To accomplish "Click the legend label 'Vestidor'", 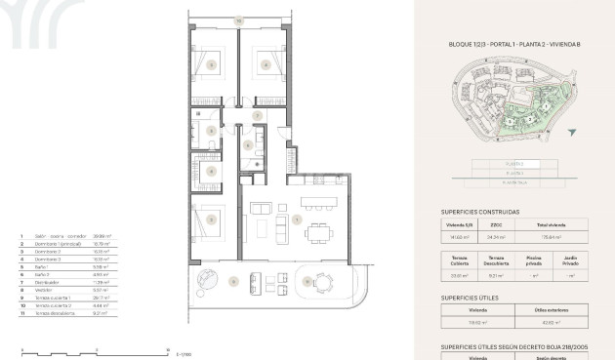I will [47, 289].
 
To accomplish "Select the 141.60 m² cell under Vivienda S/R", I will [461, 236].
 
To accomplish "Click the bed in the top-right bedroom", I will [264, 64].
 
